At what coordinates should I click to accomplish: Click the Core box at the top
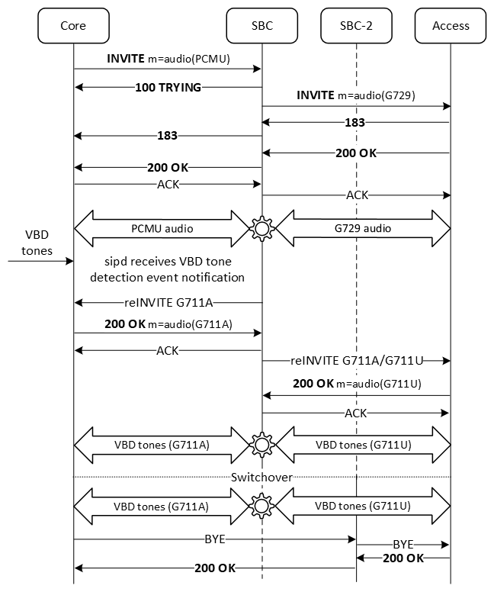click(73, 25)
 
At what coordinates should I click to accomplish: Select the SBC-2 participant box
click(356, 25)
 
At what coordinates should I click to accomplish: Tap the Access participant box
click(451, 25)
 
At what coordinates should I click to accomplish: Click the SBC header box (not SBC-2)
click(261, 25)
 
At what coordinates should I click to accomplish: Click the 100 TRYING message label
click(168, 88)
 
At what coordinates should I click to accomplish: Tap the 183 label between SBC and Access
click(354, 123)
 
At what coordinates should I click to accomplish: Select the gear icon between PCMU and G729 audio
click(263, 228)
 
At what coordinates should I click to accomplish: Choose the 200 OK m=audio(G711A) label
click(168, 323)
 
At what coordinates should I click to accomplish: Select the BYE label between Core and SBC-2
click(214, 538)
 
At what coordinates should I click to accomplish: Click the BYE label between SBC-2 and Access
click(403, 545)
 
